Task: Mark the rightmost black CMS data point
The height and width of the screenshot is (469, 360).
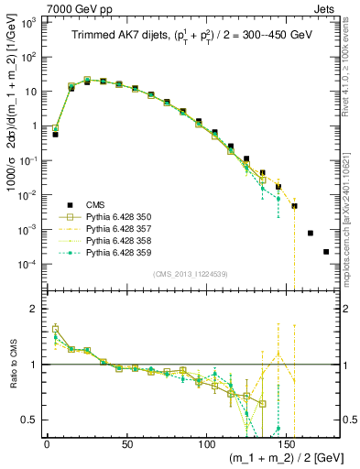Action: coord(326,252)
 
